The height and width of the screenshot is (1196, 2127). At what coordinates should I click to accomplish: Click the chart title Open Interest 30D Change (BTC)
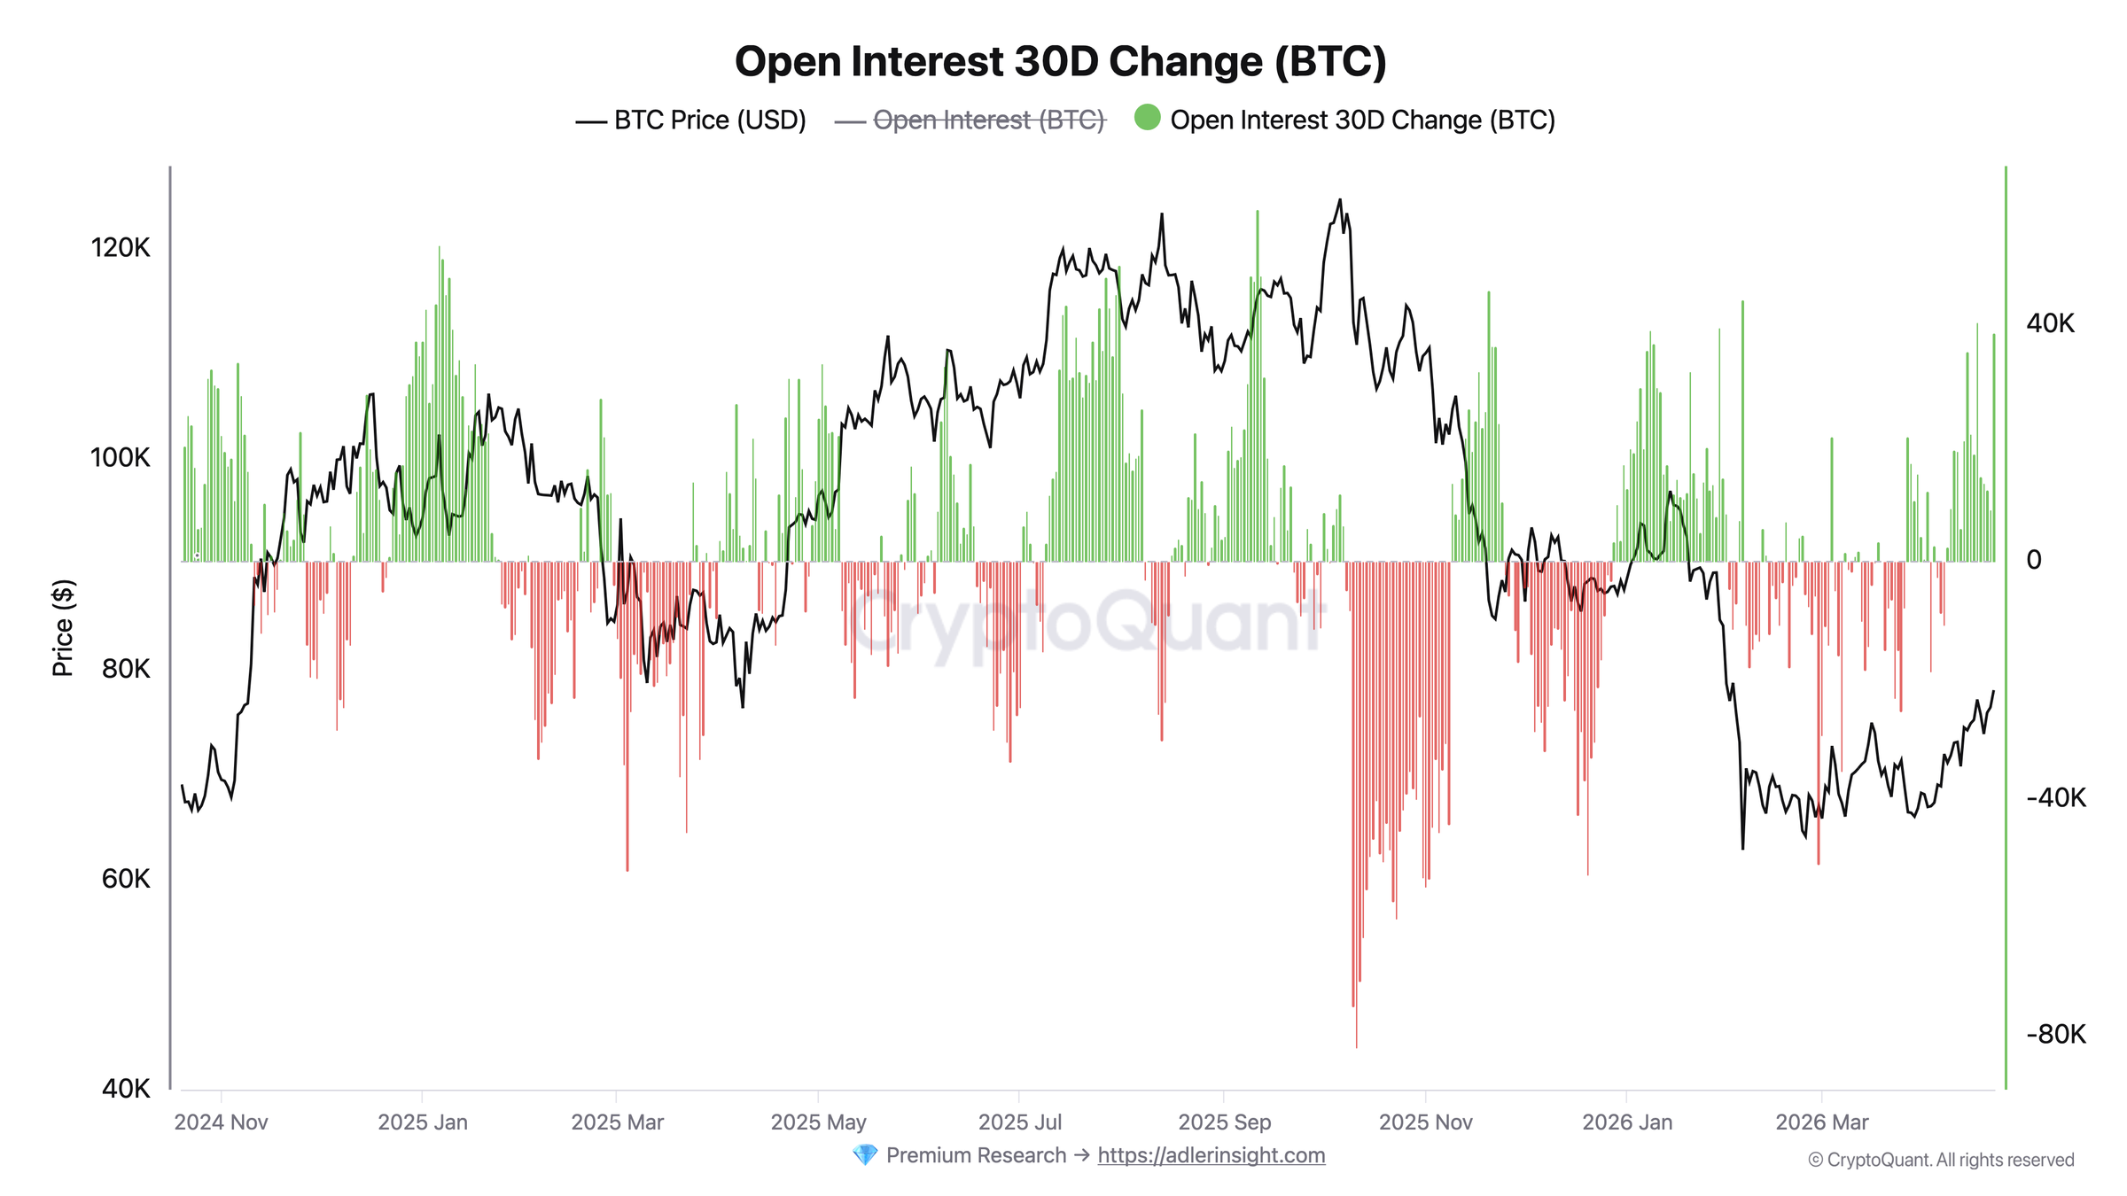1060,62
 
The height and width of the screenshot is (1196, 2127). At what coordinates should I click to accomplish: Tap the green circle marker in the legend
1147,118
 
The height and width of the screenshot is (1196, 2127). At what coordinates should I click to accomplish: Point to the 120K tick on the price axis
121,247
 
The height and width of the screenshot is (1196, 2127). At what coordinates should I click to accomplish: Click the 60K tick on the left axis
125,878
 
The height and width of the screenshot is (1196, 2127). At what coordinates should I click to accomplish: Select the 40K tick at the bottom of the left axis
125,1088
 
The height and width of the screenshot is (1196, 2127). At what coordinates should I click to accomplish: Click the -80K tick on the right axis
2055,1034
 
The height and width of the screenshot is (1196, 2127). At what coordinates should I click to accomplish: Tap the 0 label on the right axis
2034,560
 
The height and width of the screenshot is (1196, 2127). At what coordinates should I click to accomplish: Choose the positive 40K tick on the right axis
2050,323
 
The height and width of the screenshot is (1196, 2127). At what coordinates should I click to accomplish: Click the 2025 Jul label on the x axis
1019,1122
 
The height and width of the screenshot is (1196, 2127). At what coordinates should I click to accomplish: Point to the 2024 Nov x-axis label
221,1122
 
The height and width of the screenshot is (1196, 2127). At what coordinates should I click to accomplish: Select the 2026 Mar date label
1821,1122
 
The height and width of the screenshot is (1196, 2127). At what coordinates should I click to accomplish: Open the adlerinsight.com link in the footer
1211,1155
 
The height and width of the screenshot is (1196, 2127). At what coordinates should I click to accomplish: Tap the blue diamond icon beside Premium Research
864,1155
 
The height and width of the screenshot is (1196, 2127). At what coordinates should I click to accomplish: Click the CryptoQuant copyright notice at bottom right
1941,1160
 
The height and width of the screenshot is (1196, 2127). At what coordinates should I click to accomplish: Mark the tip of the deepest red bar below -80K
1356,1047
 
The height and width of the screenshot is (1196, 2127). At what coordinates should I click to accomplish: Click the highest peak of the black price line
1339,200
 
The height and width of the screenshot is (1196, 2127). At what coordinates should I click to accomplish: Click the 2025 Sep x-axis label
1224,1122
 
